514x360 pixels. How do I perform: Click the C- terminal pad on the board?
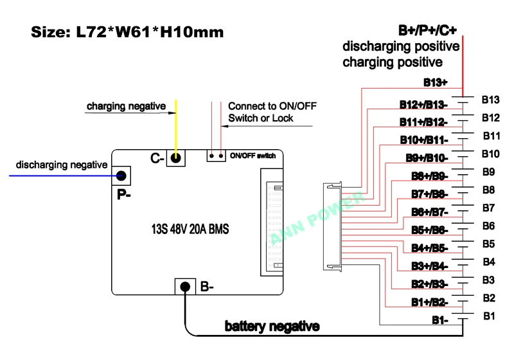pyautogui.click(x=176, y=157)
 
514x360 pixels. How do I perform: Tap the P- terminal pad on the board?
pyautogui.click(x=120, y=174)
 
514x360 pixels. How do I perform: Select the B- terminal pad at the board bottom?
pyautogui.click(x=185, y=287)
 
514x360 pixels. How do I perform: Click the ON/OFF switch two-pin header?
pyautogui.click(x=215, y=156)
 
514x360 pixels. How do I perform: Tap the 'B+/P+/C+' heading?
pyautogui.click(x=427, y=30)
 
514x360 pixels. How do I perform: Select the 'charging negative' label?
pyautogui.click(x=126, y=105)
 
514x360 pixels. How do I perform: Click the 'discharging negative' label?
pyautogui.click(x=62, y=165)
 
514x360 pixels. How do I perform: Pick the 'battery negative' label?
pyautogui.click(x=272, y=327)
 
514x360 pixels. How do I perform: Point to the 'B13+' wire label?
pyautogui.click(x=435, y=82)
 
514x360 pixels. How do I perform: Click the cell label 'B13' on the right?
pyautogui.click(x=490, y=100)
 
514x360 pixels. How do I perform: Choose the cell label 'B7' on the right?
pyautogui.click(x=488, y=208)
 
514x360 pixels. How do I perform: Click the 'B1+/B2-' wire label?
pyautogui.click(x=429, y=301)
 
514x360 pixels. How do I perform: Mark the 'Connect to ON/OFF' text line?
pyautogui.click(x=272, y=106)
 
